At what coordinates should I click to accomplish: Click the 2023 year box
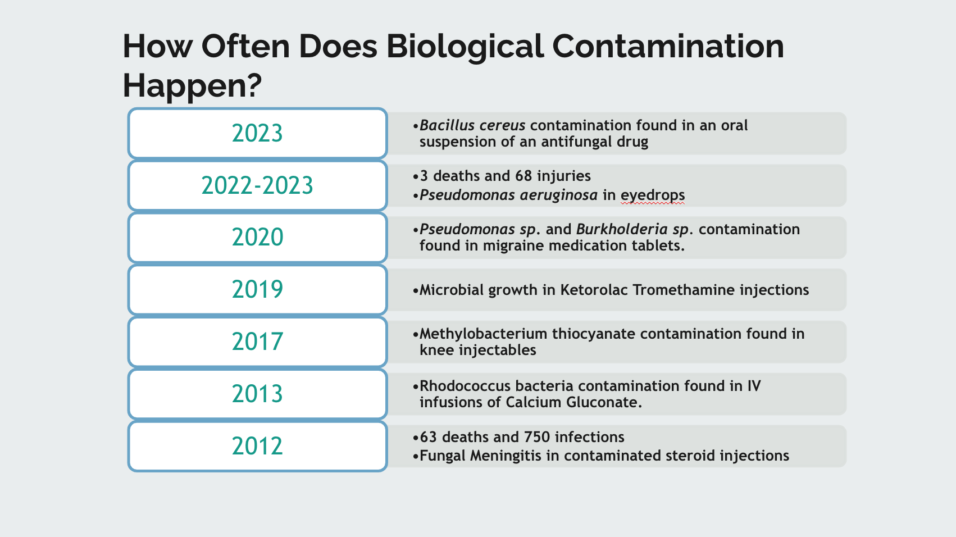(257, 133)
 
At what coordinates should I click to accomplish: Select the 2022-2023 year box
(257, 185)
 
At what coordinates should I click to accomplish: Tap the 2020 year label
(257, 237)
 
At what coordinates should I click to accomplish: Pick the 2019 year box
(257, 289)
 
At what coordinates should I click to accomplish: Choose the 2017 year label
(257, 342)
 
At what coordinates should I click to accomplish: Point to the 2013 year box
(257, 394)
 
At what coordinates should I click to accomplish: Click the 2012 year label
(257, 446)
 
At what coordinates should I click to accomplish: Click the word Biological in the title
(465, 47)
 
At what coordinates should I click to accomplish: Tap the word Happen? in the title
(192, 86)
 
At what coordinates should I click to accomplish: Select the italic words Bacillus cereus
(472, 125)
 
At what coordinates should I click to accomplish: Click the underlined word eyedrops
(653, 195)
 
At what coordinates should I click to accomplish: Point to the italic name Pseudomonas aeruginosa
(508, 195)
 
